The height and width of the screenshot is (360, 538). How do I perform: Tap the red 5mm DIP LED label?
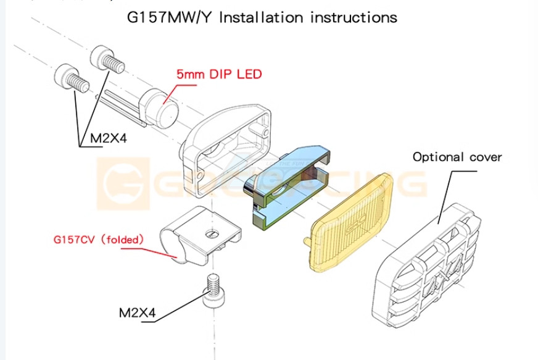pyautogui.click(x=219, y=74)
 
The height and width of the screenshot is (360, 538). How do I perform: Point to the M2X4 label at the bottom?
pyautogui.click(x=138, y=312)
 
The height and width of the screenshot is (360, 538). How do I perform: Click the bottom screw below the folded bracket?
pyautogui.click(x=213, y=290)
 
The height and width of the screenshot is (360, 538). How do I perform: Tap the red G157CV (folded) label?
pyautogui.click(x=99, y=238)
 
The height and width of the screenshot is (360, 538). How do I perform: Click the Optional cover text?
pyautogui.click(x=457, y=157)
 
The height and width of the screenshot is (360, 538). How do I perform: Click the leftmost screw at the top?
pyautogui.click(x=70, y=79)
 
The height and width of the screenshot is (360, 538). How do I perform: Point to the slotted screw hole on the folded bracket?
pyautogui.click(x=211, y=233)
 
